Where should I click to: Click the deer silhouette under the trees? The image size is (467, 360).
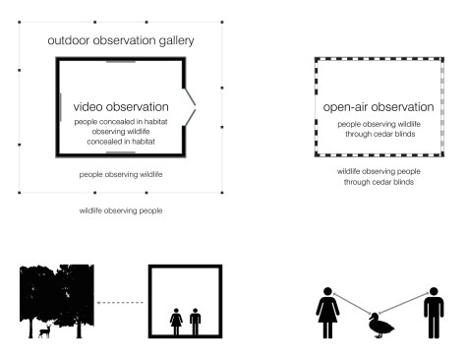(x=45, y=331)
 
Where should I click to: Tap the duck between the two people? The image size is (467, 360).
(x=380, y=326)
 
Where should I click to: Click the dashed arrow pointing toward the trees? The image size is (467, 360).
(x=120, y=303)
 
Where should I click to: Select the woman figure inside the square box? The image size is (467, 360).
(x=176, y=322)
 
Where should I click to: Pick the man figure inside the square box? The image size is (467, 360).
(x=195, y=322)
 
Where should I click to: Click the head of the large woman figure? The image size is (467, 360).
(x=327, y=291)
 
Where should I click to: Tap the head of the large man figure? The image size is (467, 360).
(x=434, y=291)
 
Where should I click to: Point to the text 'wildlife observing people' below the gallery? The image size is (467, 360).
(x=121, y=210)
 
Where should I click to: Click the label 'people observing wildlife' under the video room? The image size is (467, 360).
(x=121, y=174)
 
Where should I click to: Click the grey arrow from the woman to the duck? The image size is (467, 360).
(x=352, y=304)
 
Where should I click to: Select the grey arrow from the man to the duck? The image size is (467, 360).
(x=404, y=303)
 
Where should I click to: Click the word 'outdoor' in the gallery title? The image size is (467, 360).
(x=69, y=40)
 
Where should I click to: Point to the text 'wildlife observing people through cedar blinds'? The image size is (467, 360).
(x=379, y=177)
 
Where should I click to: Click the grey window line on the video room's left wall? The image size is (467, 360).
(x=60, y=107)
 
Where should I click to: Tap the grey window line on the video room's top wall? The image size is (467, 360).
(x=121, y=61)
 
